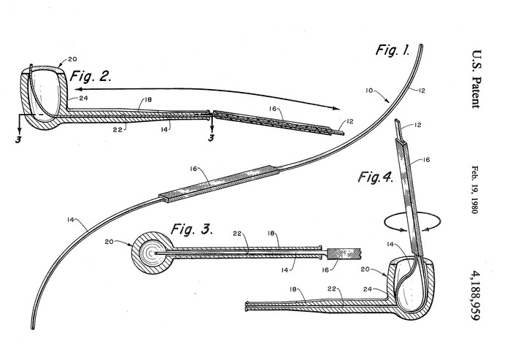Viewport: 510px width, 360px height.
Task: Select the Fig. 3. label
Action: tap(190, 230)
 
